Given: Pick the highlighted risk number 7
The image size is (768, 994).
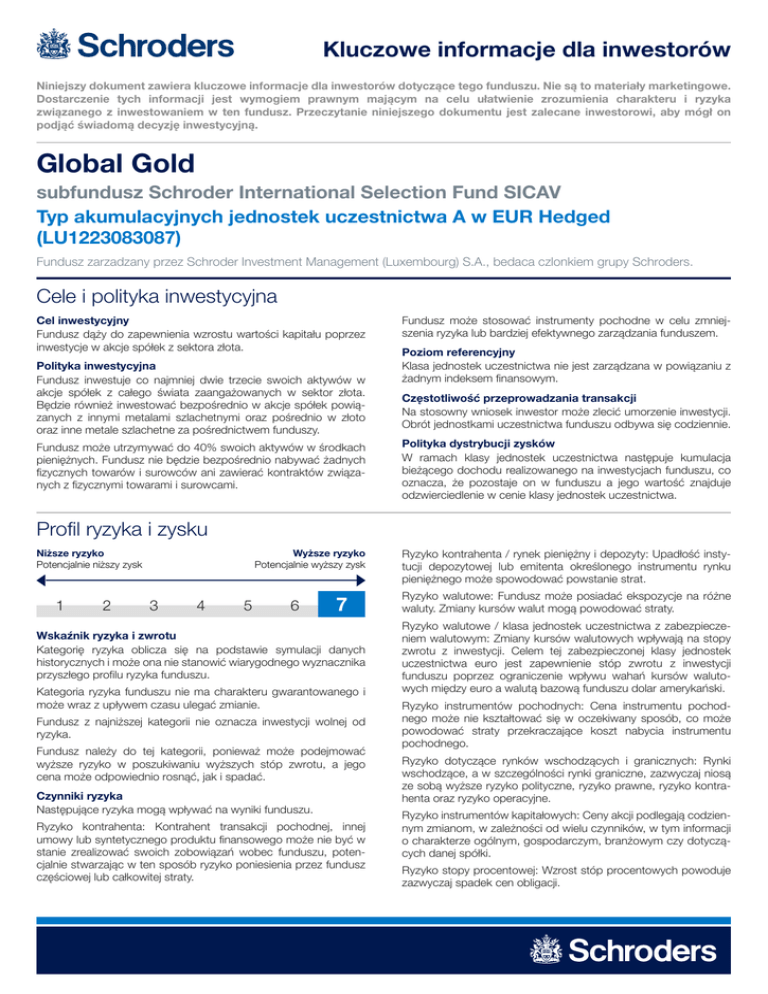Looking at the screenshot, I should [342, 604].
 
